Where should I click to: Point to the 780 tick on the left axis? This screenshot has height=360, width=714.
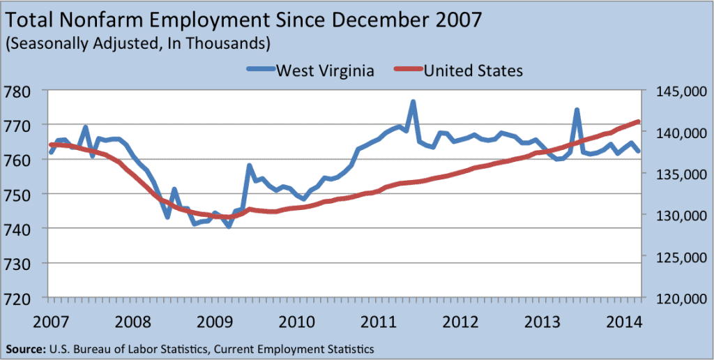[26, 91]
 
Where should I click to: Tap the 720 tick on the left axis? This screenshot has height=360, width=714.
[26, 298]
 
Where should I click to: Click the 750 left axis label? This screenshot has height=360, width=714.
[26, 195]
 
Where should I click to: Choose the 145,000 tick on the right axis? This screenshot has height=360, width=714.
[675, 91]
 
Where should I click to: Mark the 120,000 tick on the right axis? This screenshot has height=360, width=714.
[675, 298]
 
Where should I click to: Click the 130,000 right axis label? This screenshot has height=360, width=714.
[675, 216]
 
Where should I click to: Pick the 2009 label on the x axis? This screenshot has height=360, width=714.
[216, 322]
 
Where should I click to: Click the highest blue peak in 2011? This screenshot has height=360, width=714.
[413, 102]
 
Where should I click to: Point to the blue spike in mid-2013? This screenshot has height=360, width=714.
[577, 110]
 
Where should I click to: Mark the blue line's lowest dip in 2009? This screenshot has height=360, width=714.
[229, 227]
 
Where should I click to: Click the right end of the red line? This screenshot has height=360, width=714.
[639, 121]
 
